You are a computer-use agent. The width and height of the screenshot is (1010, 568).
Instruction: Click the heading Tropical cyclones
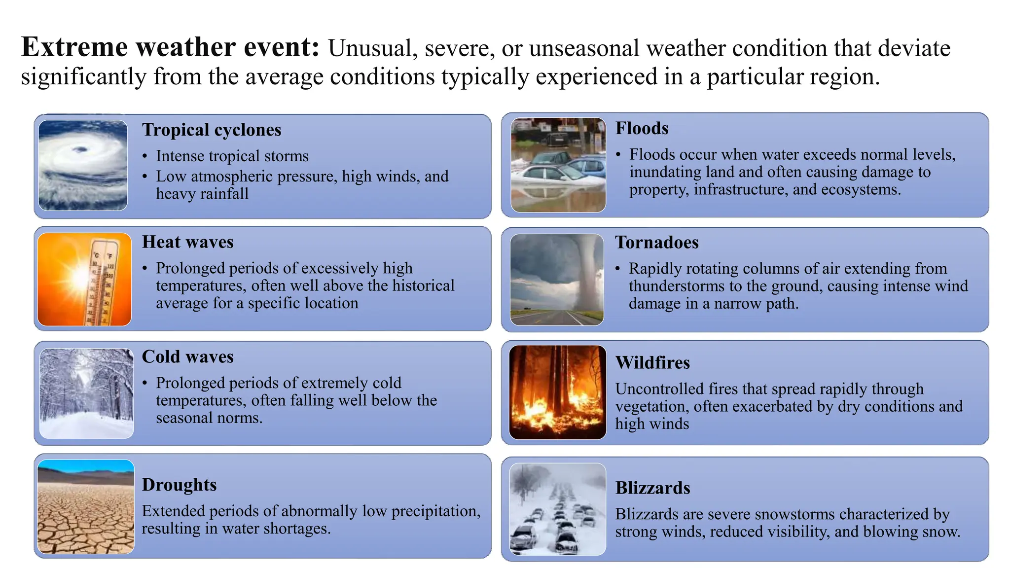coord(212,130)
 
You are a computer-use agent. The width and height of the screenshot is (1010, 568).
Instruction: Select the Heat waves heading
coord(187,242)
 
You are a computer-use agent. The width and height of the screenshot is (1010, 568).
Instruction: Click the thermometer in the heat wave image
coord(104,281)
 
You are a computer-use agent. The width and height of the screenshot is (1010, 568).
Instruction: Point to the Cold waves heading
coord(187,356)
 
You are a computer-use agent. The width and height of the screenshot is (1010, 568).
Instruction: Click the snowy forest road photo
coord(86,393)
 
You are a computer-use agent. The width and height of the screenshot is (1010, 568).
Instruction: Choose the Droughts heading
coord(179,485)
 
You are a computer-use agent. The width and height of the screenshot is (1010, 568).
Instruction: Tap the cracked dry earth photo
coord(86,513)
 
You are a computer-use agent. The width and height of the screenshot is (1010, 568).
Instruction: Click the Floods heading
coord(642,128)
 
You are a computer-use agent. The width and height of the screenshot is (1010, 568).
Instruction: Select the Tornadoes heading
coord(656,243)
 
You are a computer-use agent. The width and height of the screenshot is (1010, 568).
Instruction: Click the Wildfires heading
coord(652,363)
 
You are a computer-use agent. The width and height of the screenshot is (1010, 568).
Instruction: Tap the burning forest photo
coord(557,392)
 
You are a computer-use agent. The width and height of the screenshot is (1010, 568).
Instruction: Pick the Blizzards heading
coord(652,488)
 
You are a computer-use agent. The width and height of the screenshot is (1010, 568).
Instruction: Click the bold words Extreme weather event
coord(170,48)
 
